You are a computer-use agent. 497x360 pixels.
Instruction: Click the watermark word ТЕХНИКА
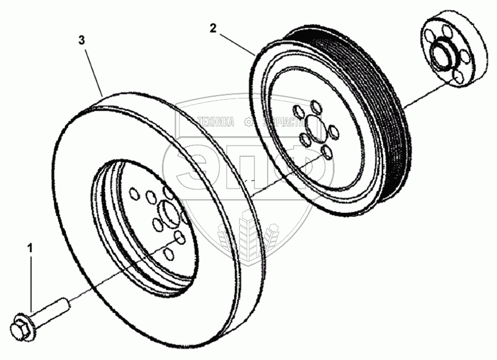pyautogui.click(x=216, y=122)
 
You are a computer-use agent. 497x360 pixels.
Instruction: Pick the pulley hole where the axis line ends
pyautogui.click(x=326, y=152)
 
